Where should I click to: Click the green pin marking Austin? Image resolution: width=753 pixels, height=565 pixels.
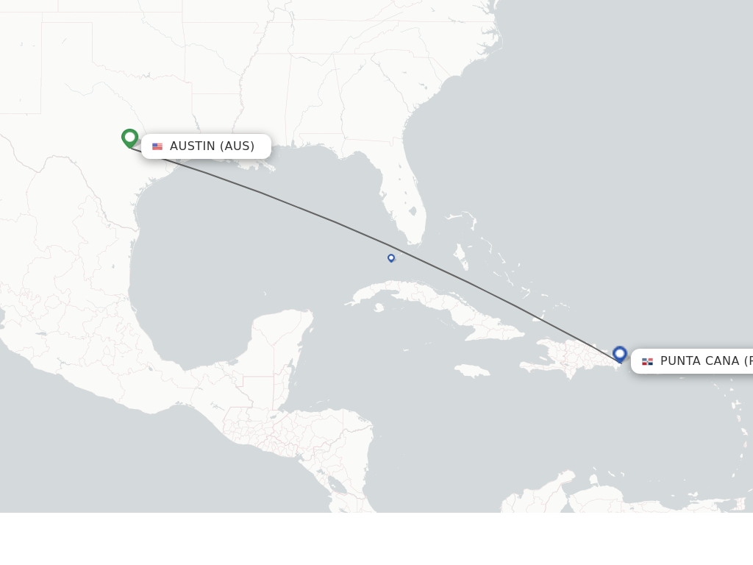click(x=130, y=138)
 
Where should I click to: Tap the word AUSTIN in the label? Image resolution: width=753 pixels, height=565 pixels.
click(x=193, y=146)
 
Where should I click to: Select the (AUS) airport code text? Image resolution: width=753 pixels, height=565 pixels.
click(x=238, y=146)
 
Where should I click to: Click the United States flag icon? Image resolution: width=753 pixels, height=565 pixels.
click(x=157, y=146)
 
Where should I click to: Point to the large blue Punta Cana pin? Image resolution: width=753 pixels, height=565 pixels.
click(x=620, y=354)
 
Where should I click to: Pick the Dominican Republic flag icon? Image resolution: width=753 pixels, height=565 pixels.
click(x=647, y=361)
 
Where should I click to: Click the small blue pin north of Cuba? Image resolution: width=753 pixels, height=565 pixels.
click(x=391, y=257)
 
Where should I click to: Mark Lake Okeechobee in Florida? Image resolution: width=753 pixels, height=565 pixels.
click(x=413, y=212)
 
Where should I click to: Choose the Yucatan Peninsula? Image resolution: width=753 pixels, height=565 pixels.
click(x=283, y=346)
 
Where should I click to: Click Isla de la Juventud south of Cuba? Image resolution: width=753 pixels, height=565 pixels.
click(x=379, y=308)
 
